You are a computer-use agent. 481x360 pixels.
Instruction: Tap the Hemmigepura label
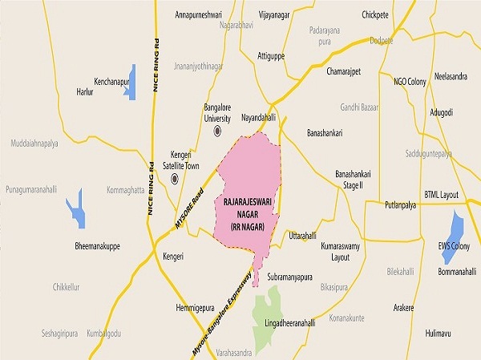196,308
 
